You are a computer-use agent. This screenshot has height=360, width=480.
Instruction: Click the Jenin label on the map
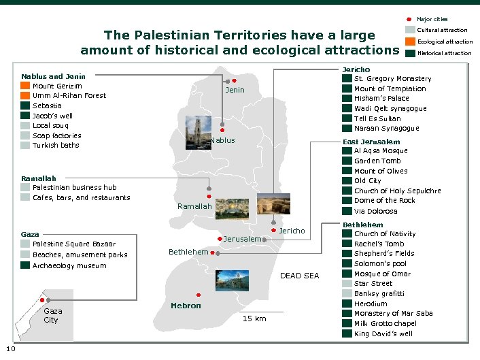click(235, 90)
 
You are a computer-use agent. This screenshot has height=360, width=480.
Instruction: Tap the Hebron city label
click(186, 306)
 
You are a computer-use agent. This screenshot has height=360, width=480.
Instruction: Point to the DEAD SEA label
click(299, 276)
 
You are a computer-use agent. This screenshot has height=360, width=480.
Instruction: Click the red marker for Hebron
click(198, 295)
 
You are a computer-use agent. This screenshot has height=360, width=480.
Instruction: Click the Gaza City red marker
click(42, 299)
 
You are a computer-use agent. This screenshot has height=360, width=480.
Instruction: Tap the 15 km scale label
click(254, 318)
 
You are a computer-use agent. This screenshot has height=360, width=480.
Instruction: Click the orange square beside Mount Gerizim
click(25, 86)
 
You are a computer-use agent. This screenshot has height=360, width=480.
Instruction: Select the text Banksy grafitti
click(379, 293)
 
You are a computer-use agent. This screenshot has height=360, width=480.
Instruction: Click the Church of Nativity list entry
click(384, 234)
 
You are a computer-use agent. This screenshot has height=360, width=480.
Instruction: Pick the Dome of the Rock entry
click(384, 200)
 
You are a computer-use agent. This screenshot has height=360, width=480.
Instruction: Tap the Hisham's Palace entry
click(381, 99)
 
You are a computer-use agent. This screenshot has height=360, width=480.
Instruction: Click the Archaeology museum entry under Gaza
click(69, 265)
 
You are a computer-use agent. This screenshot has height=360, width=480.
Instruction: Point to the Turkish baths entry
click(56, 145)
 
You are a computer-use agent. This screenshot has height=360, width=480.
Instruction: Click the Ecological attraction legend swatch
click(409, 42)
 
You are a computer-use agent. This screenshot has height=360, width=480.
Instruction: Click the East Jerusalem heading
click(371, 142)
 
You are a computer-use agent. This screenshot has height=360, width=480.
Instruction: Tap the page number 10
click(11, 350)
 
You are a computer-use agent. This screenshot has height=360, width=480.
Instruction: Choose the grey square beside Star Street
click(347, 284)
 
